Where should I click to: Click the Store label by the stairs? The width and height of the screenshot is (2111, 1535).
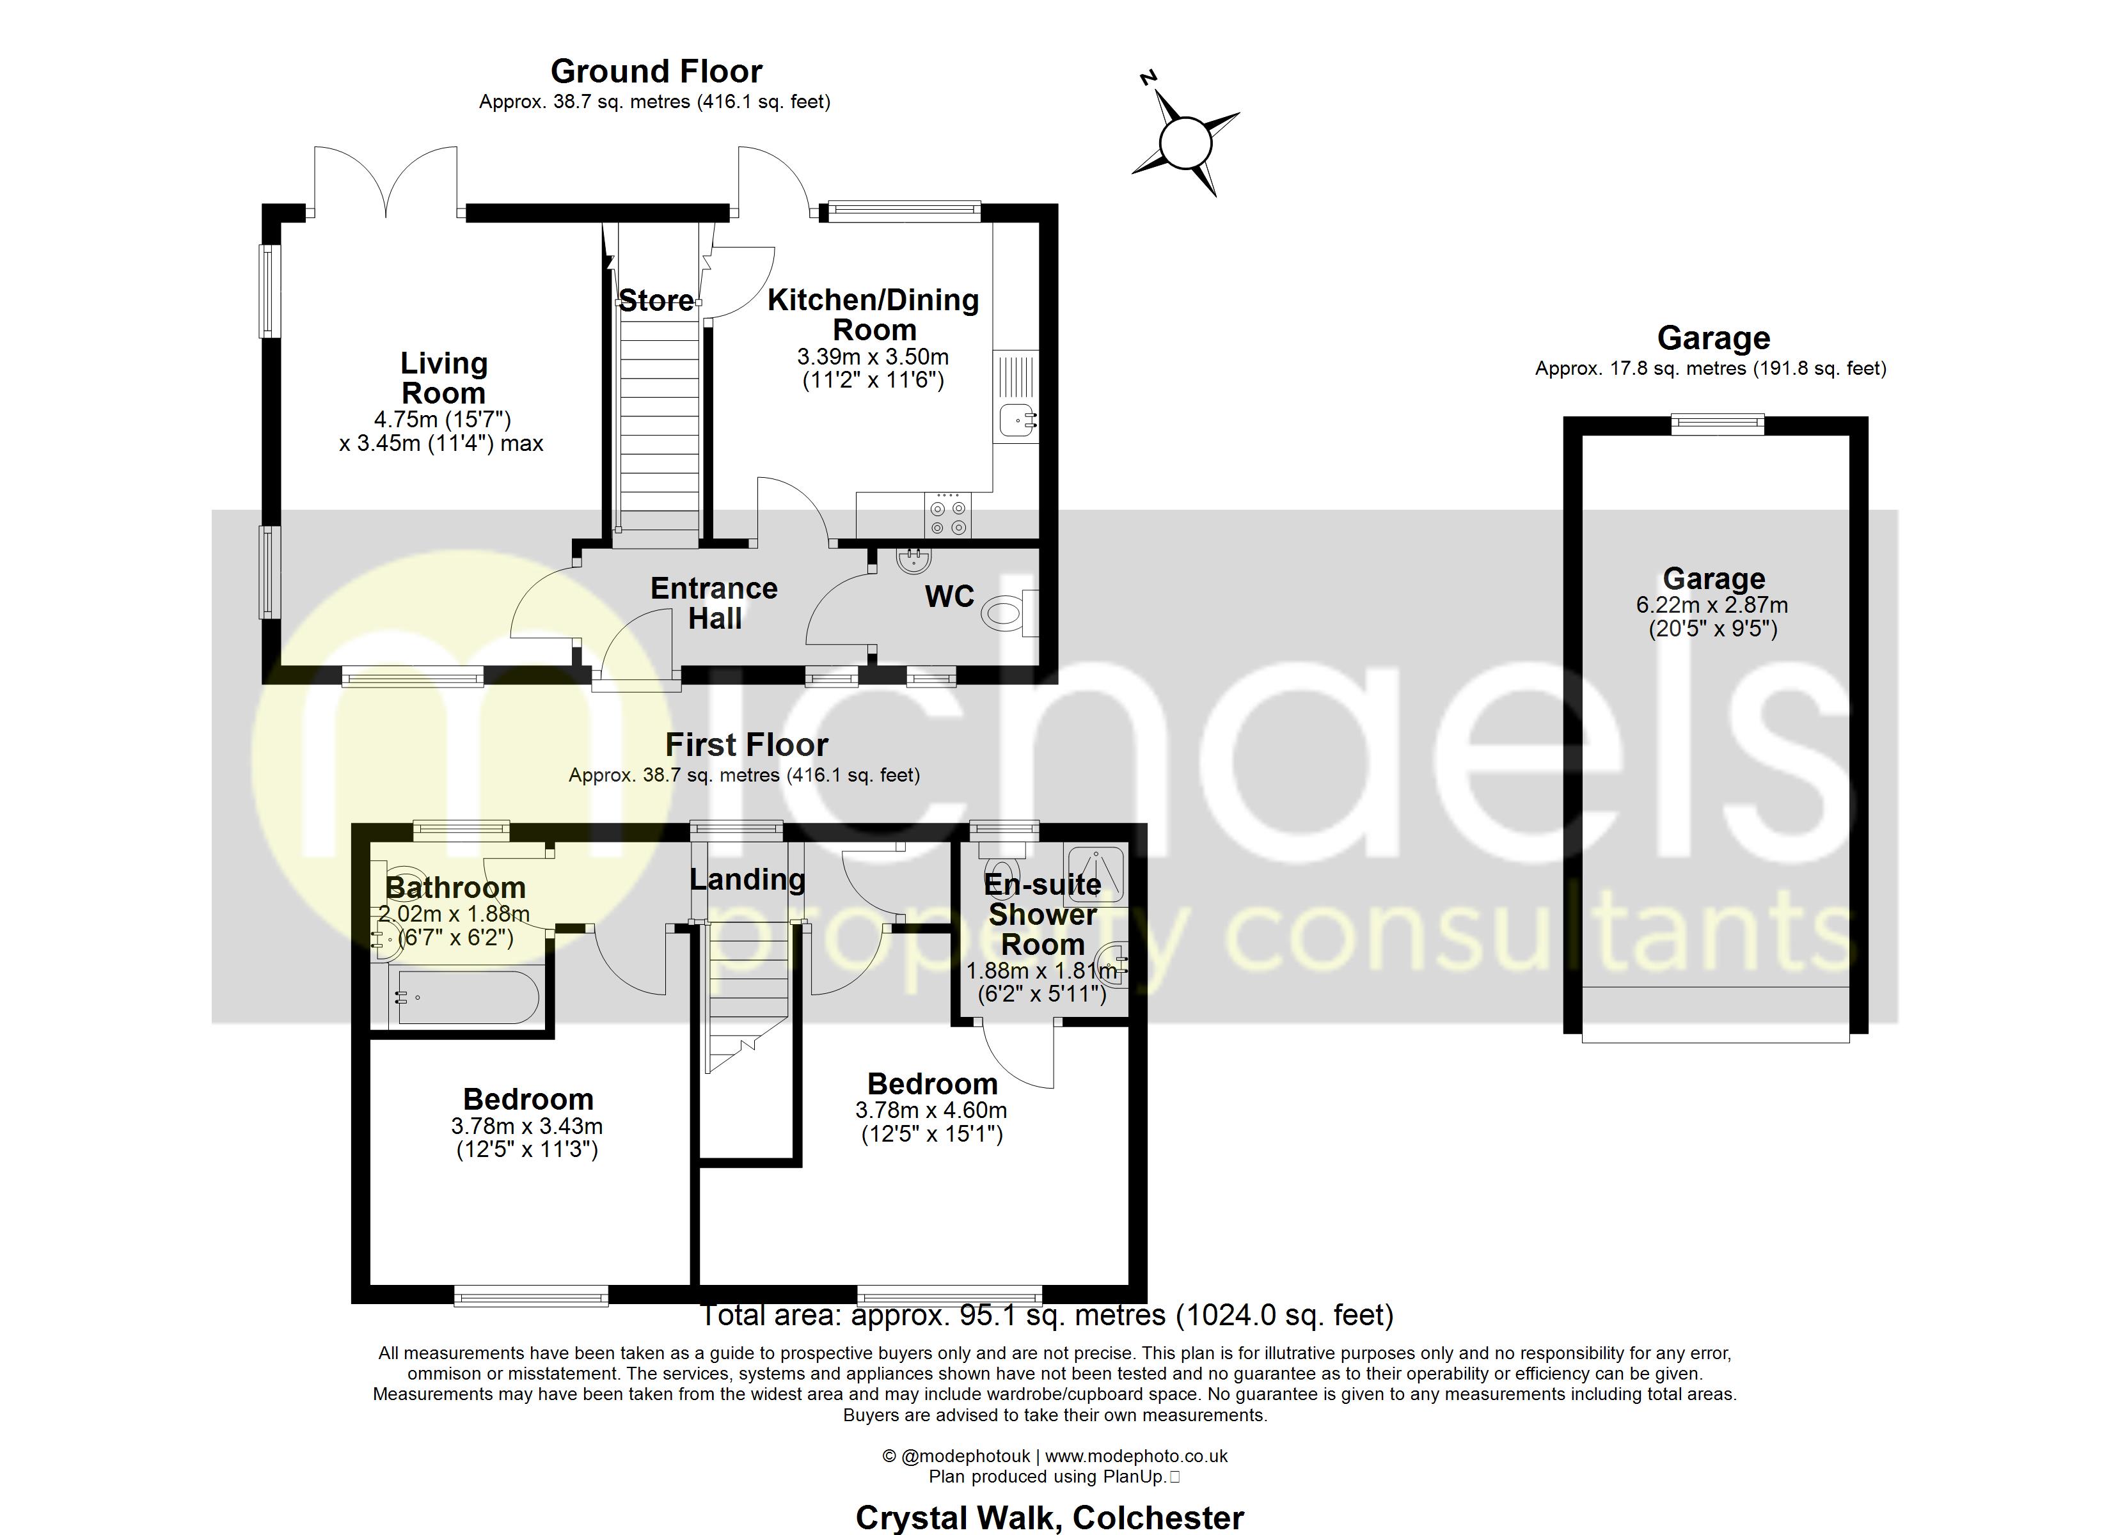point(656,301)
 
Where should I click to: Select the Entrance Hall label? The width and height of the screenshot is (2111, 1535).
point(714,603)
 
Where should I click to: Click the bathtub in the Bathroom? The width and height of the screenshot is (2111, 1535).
point(466,998)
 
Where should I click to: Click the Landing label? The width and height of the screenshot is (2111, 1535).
point(747,879)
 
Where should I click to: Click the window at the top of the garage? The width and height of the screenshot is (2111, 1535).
point(1718,425)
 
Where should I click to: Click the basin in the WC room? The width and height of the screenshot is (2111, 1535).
point(911,560)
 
